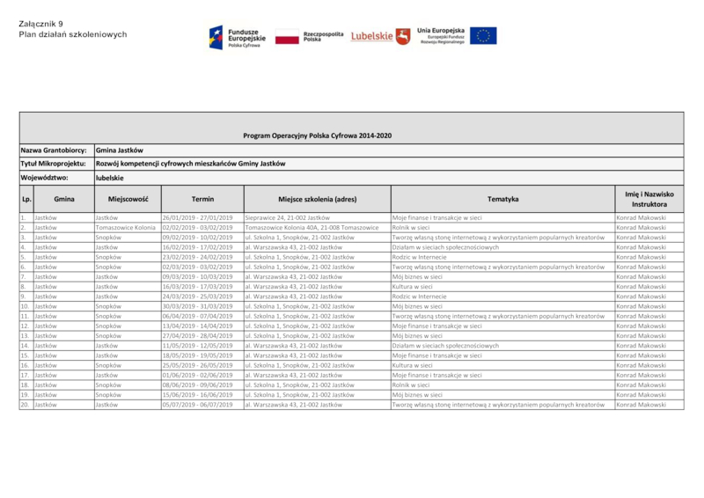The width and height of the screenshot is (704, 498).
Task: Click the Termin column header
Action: [x=202, y=199]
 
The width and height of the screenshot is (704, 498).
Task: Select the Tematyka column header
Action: [x=502, y=199]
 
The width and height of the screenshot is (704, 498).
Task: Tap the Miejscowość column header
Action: [x=128, y=199]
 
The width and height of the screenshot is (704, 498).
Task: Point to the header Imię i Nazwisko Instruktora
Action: [x=649, y=199]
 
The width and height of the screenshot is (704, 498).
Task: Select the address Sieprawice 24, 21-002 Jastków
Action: [x=287, y=216]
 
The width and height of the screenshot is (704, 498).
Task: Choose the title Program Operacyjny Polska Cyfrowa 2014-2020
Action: [x=317, y=135]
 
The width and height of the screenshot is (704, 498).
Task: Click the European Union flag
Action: [x=482, y=36]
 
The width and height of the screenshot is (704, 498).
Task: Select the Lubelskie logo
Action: [x=380, y=36]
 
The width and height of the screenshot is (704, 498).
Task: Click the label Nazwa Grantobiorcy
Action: [x=55, y=150]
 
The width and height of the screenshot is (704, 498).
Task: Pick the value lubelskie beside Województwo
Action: [x=110, y=179]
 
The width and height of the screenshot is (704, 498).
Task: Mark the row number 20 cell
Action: [x=26, y=405]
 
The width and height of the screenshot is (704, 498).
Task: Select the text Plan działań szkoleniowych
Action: [x=73, y=34]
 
